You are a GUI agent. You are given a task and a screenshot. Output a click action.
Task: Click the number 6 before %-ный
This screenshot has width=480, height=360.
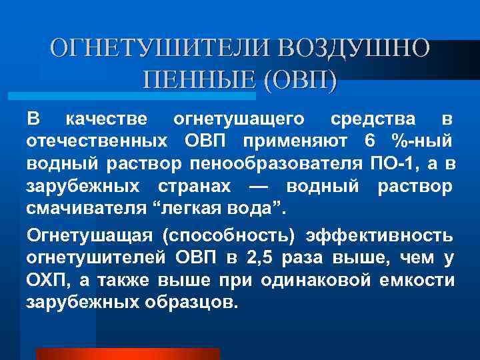coord(371,141)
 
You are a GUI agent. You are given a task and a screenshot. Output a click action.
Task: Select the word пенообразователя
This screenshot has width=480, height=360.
coord(276,163)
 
